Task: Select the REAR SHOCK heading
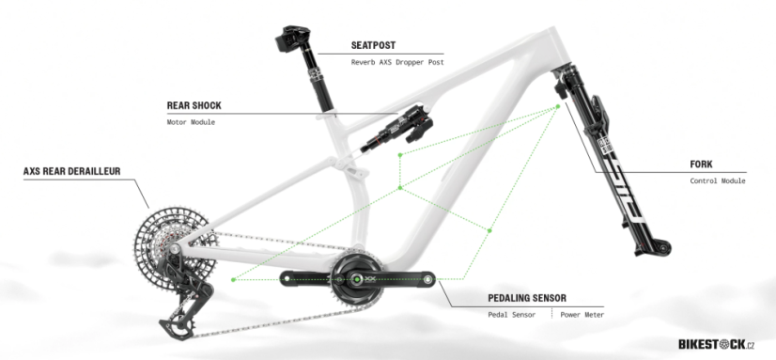click(194, 106)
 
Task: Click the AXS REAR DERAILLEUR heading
click(72, 172)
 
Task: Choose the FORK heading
click(702, 164)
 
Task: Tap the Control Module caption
click(717, 180)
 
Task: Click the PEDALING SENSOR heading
click(527, 298)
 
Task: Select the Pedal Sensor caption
click(511, 315)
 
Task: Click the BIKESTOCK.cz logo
click(716, 344)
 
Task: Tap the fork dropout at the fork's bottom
click(659, 247)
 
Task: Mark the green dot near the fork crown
click(557, 106)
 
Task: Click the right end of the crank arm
click(427, 278)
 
